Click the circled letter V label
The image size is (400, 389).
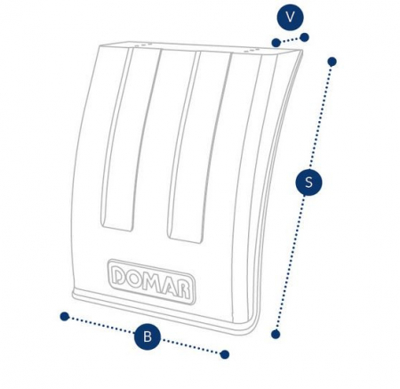290,17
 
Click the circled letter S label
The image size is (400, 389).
308,182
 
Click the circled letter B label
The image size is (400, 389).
148,337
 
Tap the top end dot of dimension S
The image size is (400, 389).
332,61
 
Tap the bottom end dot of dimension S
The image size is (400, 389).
276,335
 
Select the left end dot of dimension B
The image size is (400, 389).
64,317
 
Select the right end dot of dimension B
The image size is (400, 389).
225,354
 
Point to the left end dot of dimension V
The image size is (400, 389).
276,43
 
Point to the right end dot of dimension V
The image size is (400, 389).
305,37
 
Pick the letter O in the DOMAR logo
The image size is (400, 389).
135,280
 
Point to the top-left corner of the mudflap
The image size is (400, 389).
100,46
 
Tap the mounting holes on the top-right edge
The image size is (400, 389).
252,51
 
